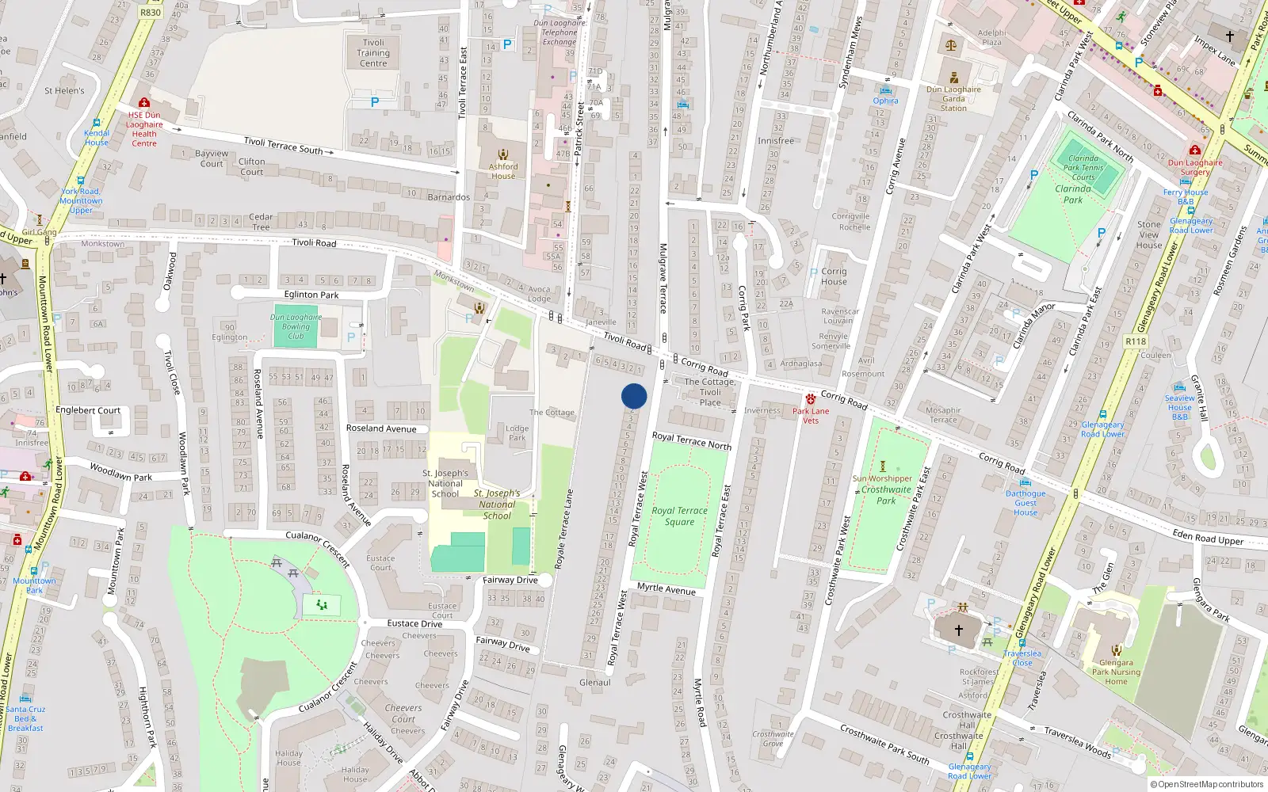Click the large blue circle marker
pos(634,396)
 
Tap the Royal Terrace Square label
pos(679,516)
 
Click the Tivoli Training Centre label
pos(373,53)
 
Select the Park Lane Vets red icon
pos(811,399)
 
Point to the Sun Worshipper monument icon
pos(883,466)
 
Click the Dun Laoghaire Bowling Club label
pos(296,326)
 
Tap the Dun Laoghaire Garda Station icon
pos(954,78)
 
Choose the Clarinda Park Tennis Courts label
pos(1083,168)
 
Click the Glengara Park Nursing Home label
pos(1116,672)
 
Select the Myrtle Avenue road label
pos(666,589)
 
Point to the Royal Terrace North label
pos(692,441)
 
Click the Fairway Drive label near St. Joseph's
pos(510,581)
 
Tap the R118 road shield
pos(1136,341)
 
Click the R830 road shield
pos(150,13)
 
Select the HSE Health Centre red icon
pos(144,103)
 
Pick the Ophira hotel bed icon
pos(885,90)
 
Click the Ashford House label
pos(503,171)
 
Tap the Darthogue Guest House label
pos(1025,503)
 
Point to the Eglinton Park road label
pos(311,295)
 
